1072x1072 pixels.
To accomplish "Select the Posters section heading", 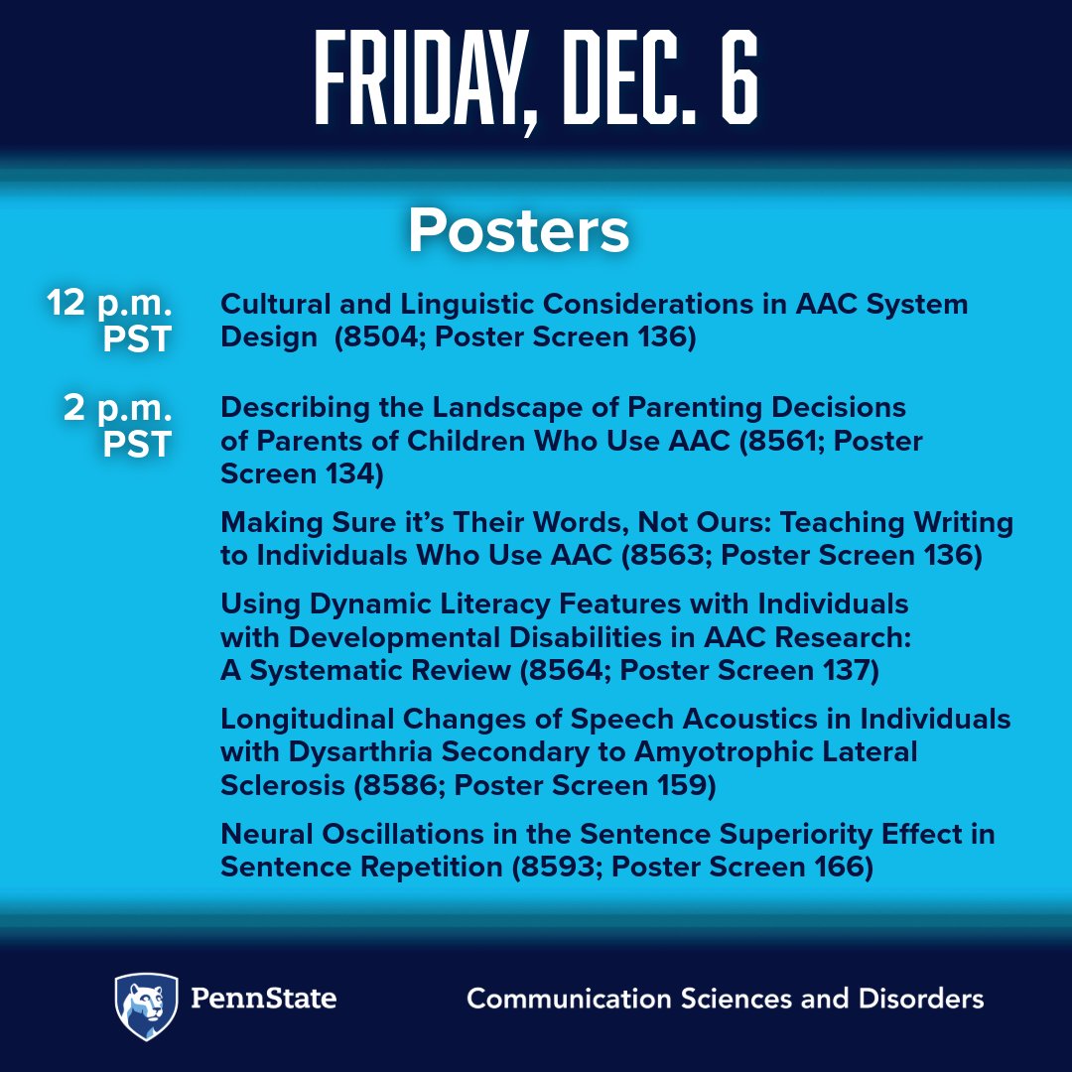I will [518, 230].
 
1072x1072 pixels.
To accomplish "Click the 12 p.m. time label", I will [109, 304].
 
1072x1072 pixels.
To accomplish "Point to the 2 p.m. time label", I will [117, 409].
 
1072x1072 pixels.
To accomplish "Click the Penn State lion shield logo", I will [146, 1005].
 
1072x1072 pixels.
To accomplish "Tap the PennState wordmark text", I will [265, 998].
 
